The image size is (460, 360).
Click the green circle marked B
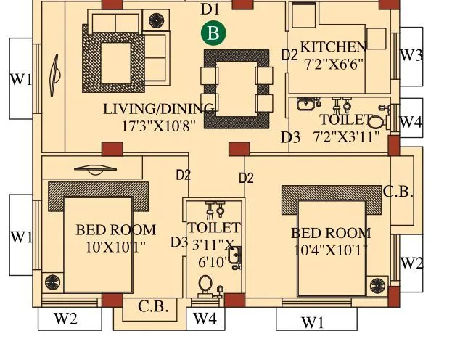pyautogui.click(x=213, y=33)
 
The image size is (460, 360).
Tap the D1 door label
pyautogui.click(x=210, y=9)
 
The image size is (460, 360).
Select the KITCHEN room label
pyautogui.click(x=333, y=46)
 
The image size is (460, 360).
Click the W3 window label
pyautogui.click(x=411, y=56)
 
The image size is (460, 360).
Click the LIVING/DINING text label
pyautogui.click(x=159, y=109)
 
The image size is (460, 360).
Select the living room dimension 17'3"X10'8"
pyautogui.click(x=159, y=125)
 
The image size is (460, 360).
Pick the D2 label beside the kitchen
pyautogui.click(x=289, y=55)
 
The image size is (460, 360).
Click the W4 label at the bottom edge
pyautogui.click(x=205, y=318)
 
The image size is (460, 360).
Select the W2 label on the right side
pyautogui.click(x=411, y=263)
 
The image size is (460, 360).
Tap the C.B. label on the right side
pyautogui.click(x=398, y=192)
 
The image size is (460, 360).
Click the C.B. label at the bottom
pyautogui.click(x=153, y=306)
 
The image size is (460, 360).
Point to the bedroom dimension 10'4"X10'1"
pyautogui.click(x=331, y=250)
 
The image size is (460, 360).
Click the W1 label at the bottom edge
pyautogui.click(x=313, y=323)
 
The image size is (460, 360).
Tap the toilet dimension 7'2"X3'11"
pyautogui.click(x=346, y=136)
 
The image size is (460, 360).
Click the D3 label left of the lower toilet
pyautogui.click(x=178, y=242)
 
